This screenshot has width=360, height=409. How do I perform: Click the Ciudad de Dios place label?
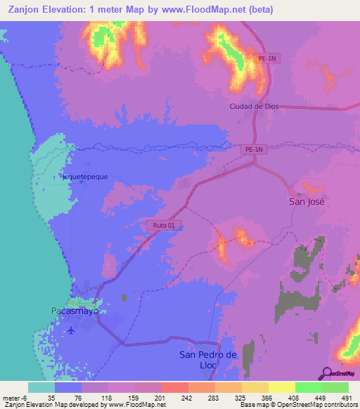pyautogui.click(x=254, y=106)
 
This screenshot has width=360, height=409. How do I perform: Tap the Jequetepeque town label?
pyautogui.click(x=85, y=176)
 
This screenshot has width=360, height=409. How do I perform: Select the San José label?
pyautogui.click(x=308, y=201)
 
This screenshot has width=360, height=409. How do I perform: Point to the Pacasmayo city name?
pyautogui.click(x=75, y=310)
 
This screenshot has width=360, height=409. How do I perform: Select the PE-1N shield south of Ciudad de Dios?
pyautogui.click(x=254, y=150)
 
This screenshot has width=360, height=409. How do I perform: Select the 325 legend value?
pyautogui.click(x=241, y=398)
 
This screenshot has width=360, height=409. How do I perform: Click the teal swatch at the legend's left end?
pyautogui.click(x=41, y=387)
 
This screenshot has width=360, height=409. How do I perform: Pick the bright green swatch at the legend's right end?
pyautogui.click(x=335, y=387)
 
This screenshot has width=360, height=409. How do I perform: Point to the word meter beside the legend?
pyautogui.click(x=11, y=398)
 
